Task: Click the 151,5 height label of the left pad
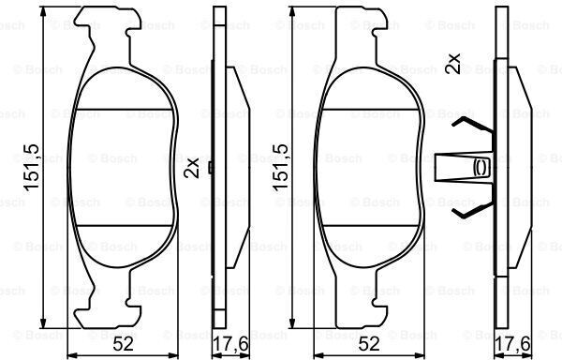[31, 167]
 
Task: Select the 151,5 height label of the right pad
[280, 167]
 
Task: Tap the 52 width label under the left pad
[123, 344]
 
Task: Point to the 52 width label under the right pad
[369, 344]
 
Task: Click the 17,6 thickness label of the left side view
[230, 345]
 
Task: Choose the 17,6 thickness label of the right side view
[512, 345]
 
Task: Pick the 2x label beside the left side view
[191, 168]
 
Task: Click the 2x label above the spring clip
[453, 64]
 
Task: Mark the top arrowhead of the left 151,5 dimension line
[43, 11]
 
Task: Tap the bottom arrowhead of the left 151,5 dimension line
[43, 323]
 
